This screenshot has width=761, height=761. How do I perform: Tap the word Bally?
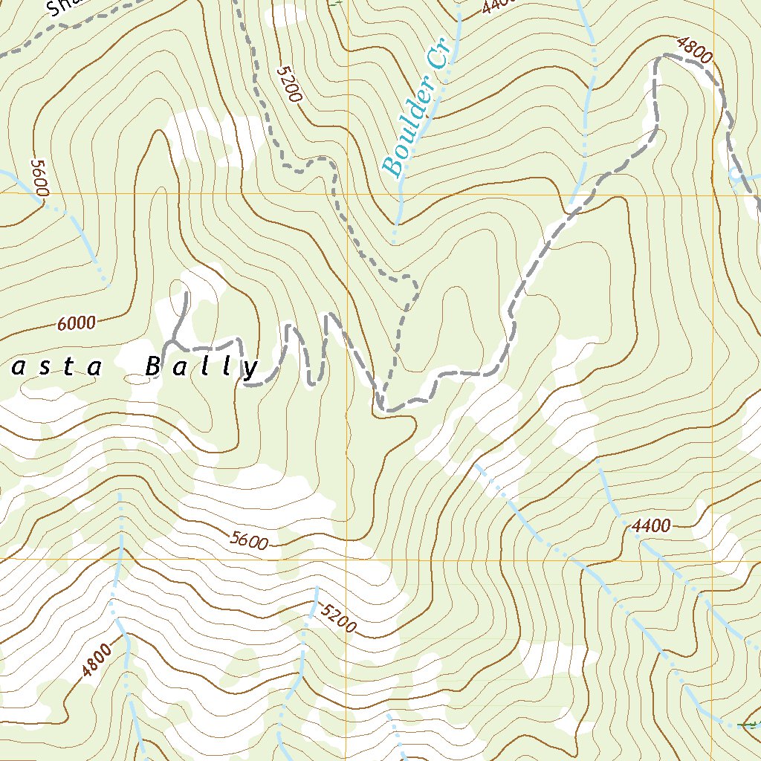click(201, 367)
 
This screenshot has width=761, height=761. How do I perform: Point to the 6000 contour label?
click(76, 323)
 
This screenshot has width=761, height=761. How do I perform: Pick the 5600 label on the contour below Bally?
click(248, 540)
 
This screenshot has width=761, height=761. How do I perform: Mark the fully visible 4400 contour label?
click(652, 526)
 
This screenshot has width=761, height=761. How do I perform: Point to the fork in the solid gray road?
click(172, 343)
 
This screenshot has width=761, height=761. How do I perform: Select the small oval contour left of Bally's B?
click(137, 378)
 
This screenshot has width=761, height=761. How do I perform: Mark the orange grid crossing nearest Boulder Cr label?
click(348, 194)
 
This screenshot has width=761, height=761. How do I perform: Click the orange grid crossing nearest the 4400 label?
click(713, 559)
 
